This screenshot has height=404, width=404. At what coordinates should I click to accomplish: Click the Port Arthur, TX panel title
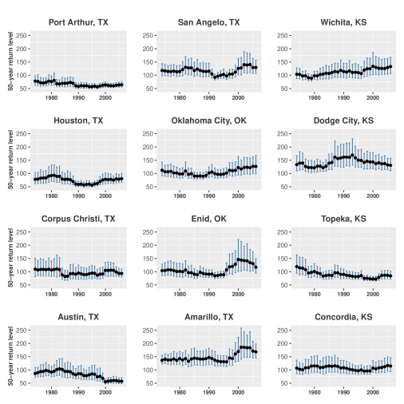[x=78, y=22]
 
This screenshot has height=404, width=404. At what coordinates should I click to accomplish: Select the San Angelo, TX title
[x=208, y=22]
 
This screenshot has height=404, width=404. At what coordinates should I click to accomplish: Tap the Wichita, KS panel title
[x=343, y=22]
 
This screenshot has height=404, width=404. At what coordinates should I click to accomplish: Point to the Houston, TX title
[x=78, y=121]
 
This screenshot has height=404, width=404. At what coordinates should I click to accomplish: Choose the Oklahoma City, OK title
[x=208, y=121]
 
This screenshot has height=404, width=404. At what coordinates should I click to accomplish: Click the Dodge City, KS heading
[x=343, y=121]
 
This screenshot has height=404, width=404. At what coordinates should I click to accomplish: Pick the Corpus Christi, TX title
[x=78, y=219]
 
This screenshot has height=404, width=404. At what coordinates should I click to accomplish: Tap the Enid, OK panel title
[x=208, y=219]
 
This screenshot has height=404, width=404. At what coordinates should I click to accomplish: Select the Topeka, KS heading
[x=343, y=219]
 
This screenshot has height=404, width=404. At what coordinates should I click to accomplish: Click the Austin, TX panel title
[x=78, y=317]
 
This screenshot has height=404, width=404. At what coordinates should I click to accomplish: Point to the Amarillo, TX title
[x=208, y=317]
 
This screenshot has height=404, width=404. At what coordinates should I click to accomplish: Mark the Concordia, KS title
[x=343, y=317]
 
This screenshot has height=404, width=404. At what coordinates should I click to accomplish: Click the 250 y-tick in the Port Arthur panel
[x=22, y=35]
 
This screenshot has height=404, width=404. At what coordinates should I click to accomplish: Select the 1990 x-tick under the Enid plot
[x=209, y=294]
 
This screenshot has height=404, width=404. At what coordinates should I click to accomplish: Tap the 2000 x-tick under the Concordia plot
[x=373, y=392]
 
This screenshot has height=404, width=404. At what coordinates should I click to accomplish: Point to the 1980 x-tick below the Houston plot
[x=51, y=196]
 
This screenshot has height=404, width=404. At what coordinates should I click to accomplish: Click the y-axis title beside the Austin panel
[x=10, y=356]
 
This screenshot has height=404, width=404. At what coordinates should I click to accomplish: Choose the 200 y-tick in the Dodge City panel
[x=283, y=147]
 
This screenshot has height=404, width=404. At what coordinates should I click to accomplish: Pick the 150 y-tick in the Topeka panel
[x=283, y=259]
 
